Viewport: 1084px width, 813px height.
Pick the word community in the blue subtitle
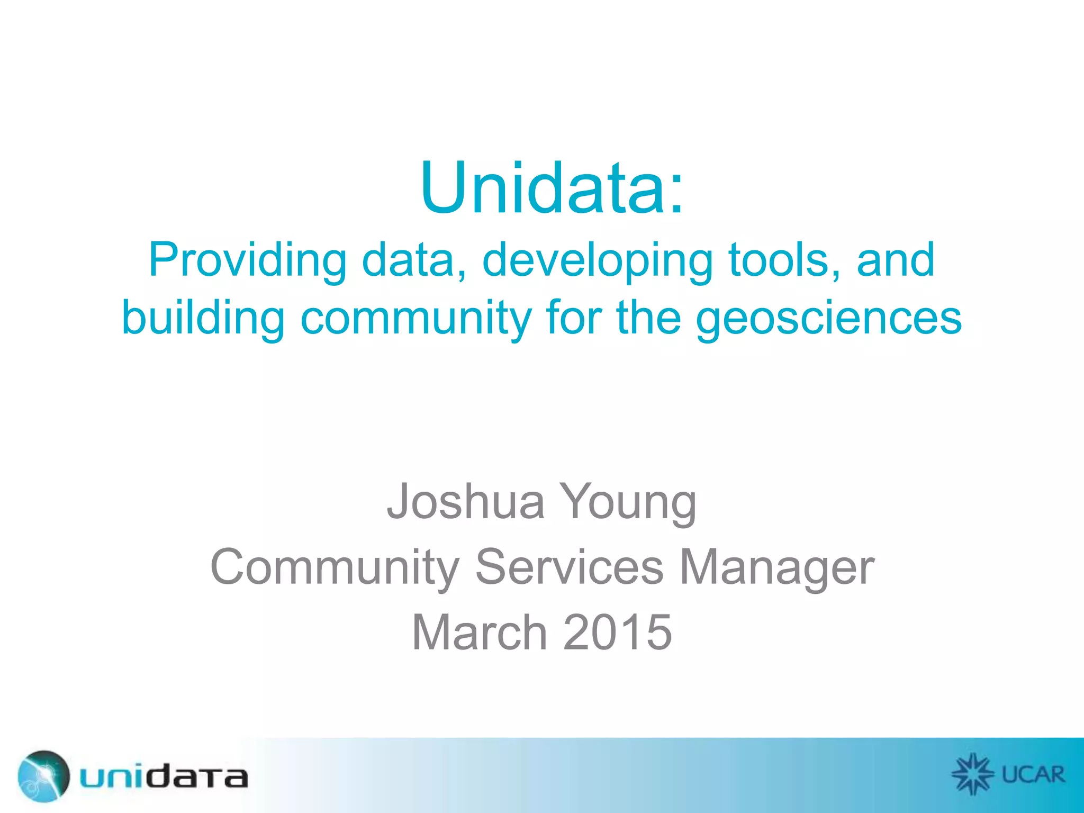415,319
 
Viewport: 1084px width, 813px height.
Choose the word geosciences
828,319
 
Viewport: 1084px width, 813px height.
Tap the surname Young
628,502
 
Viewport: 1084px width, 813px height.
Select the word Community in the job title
335,567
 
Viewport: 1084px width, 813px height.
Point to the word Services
570,566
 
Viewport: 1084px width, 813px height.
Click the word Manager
777,567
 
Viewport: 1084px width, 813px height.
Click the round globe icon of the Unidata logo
43,776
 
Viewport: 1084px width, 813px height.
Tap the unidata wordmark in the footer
164,777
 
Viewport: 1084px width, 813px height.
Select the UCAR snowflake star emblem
973,774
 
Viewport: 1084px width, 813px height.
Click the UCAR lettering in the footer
1033,775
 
